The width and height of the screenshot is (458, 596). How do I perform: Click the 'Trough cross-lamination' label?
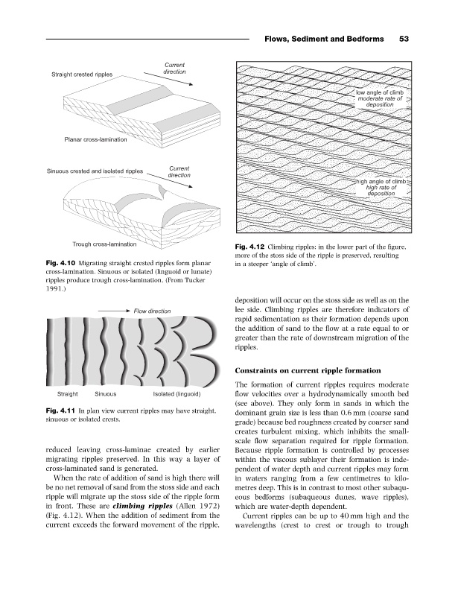coord(104,244)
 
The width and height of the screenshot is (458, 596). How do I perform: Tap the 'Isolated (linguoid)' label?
coord(177,393)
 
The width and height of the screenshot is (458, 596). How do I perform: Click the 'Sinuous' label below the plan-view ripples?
coord(110,393)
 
